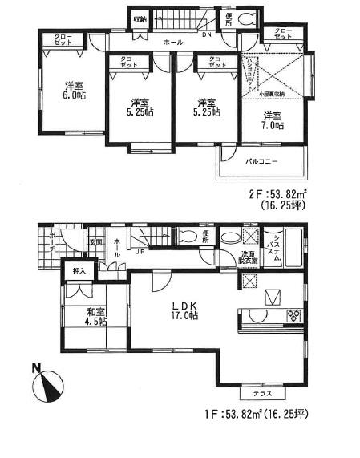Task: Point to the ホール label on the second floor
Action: (172, 42)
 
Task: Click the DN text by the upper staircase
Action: (205, 34)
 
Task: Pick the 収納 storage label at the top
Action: (140, 19)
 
